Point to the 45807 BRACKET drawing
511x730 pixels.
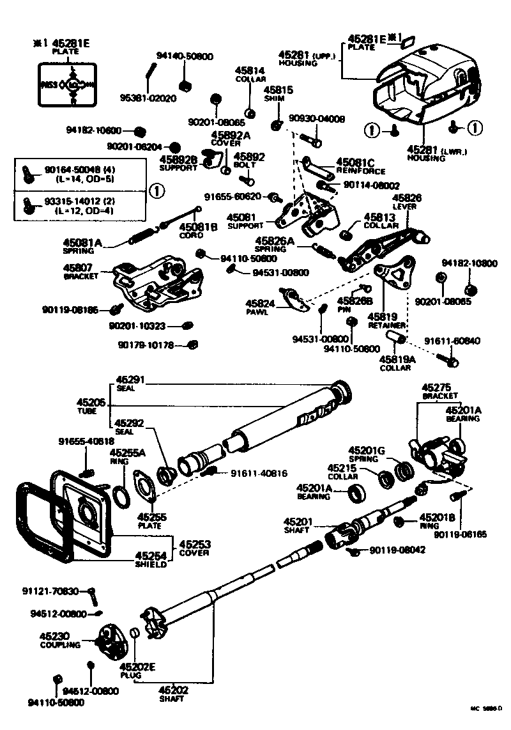coord(156,281)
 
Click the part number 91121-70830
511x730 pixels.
coord(61,591)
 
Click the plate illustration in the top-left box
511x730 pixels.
coord(67,84)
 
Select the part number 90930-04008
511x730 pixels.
coord(317,119)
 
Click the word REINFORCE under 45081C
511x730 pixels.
coord(361,171)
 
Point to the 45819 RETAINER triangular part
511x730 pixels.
coord(394,272)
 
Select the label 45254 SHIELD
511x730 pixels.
coord(150,559)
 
